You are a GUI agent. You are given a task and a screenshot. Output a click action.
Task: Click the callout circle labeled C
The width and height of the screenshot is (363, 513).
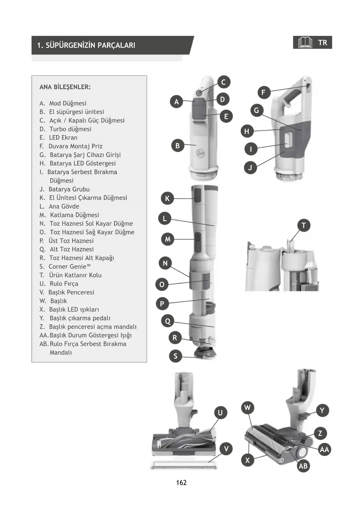(x=224, y=82)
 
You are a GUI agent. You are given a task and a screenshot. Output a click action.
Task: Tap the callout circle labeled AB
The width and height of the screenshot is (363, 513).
(x=303, y=466)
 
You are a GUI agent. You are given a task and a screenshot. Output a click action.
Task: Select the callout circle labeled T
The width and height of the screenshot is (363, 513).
(x=304, y=225)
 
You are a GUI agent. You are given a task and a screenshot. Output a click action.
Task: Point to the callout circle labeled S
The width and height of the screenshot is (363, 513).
(x=176, y=356)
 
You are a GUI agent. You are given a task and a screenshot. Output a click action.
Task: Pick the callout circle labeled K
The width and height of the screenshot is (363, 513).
(x=167, y=198)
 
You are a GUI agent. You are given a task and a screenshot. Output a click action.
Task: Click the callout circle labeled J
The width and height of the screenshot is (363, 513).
(x=250, y=168)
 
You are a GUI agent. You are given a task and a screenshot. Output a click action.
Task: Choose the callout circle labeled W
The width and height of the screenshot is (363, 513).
(x=247, y=408)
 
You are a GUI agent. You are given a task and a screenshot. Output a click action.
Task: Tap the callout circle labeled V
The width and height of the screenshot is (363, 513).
(x=226, y=449)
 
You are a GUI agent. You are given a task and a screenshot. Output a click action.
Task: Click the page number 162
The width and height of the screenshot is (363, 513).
(x=181, y=483)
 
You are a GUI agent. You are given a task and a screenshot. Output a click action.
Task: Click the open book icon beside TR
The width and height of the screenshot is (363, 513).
(x=305, y=43)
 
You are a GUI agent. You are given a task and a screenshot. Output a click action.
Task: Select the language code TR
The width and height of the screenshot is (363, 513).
(x=323, y=43)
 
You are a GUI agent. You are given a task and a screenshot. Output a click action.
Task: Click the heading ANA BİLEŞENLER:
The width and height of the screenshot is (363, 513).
(x=65, y=87)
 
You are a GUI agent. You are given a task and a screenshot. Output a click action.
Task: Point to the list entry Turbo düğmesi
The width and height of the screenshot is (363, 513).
(x=70, y=129)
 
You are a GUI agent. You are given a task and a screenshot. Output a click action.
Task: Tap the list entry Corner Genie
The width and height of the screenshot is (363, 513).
(x=69, y=266)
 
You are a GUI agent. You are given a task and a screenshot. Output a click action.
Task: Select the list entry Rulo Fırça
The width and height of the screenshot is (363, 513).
(x=64, y=284)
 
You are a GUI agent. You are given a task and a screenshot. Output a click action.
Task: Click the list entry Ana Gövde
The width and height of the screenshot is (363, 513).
(x=64, y=206)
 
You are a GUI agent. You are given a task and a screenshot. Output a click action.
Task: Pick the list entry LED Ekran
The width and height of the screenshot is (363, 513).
(x=63, y=137)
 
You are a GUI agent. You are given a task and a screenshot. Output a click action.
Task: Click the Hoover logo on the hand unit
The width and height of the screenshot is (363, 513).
(x=200, y=152)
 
